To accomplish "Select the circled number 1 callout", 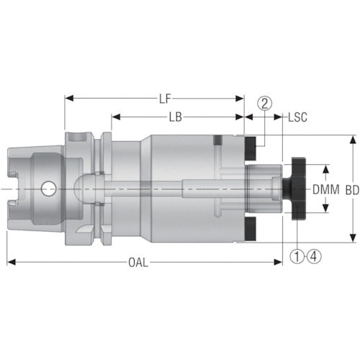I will coord(297,256).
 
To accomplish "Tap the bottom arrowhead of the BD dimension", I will coord(352,240).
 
